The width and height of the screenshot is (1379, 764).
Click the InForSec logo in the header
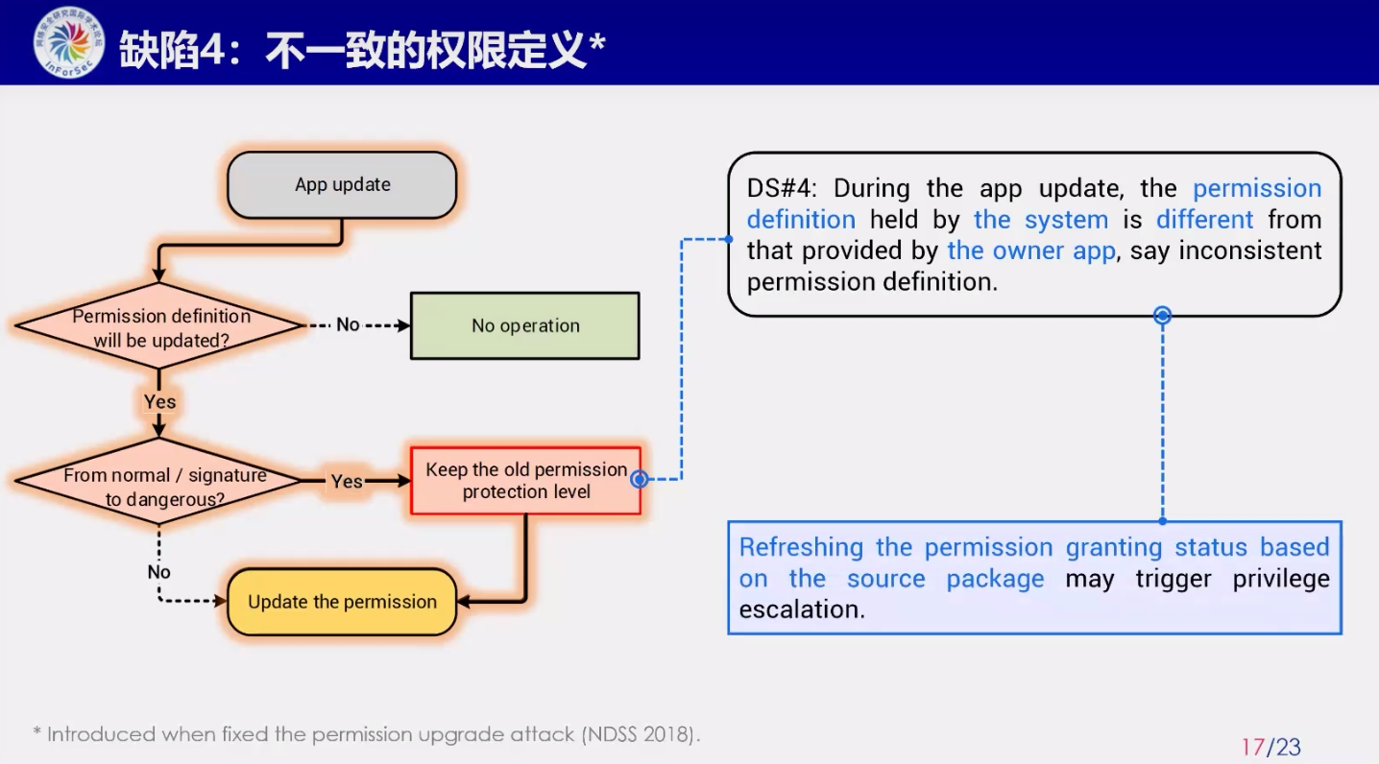click(x=68, y=42)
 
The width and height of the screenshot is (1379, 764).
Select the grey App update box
click(x=342, y=185)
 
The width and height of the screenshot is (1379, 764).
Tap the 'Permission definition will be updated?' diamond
click(x=160, y=327)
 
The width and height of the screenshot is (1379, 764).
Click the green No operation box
click(x=524, y=326)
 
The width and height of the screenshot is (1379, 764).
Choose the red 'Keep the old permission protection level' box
click(x=525, y=481)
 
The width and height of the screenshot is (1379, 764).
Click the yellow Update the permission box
click(x=342, y=602)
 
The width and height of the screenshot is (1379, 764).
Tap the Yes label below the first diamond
click(x=159, y=401)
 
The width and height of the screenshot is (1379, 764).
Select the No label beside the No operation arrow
click(x=348, y=325)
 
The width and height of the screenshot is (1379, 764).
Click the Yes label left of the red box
click(x=347, y=481)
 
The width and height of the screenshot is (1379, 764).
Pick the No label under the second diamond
click(x=158, y=572)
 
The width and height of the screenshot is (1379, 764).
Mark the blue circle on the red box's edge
click(x=639, y=479)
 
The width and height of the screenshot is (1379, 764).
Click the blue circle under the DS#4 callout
click(x=1162, y=315)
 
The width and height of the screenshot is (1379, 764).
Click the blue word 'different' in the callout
click(x=1204, y=220)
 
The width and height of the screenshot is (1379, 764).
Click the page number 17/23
click(x=1270, y=747)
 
